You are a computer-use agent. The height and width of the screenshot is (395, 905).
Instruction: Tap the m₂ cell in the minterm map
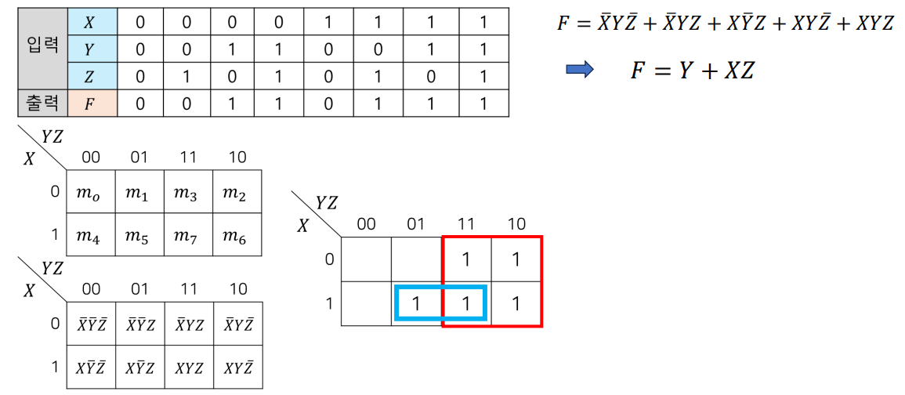tap(237, 193)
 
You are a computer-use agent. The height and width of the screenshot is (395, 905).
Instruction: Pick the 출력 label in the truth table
tap(42, 102)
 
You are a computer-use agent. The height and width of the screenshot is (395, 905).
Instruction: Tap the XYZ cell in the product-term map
tap(188, 368)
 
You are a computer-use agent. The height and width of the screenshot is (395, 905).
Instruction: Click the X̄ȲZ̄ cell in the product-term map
tap(91, 324)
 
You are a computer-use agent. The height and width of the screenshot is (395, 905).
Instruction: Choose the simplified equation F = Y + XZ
tap(692, 71)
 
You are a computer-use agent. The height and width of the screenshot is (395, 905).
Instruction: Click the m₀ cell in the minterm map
tap(91, 193)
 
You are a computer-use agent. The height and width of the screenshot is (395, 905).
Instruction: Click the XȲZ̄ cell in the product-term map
tap(91, 368)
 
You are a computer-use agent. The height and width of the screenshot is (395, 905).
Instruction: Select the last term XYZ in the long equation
tap(874, 23)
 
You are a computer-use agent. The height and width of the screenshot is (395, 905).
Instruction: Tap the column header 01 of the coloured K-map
tap(416, 224)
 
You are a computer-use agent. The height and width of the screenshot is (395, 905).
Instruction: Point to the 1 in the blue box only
tap(417, 303)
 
